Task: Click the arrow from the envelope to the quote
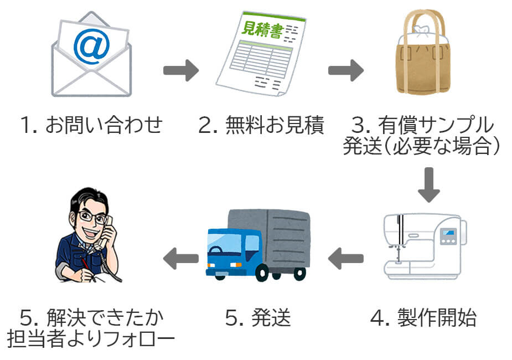click(180, 70)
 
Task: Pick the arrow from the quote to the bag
click(345, 70)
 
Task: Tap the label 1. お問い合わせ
click(91, 126)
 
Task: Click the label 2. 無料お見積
click(261, 126)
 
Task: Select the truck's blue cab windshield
click(217, 243)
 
